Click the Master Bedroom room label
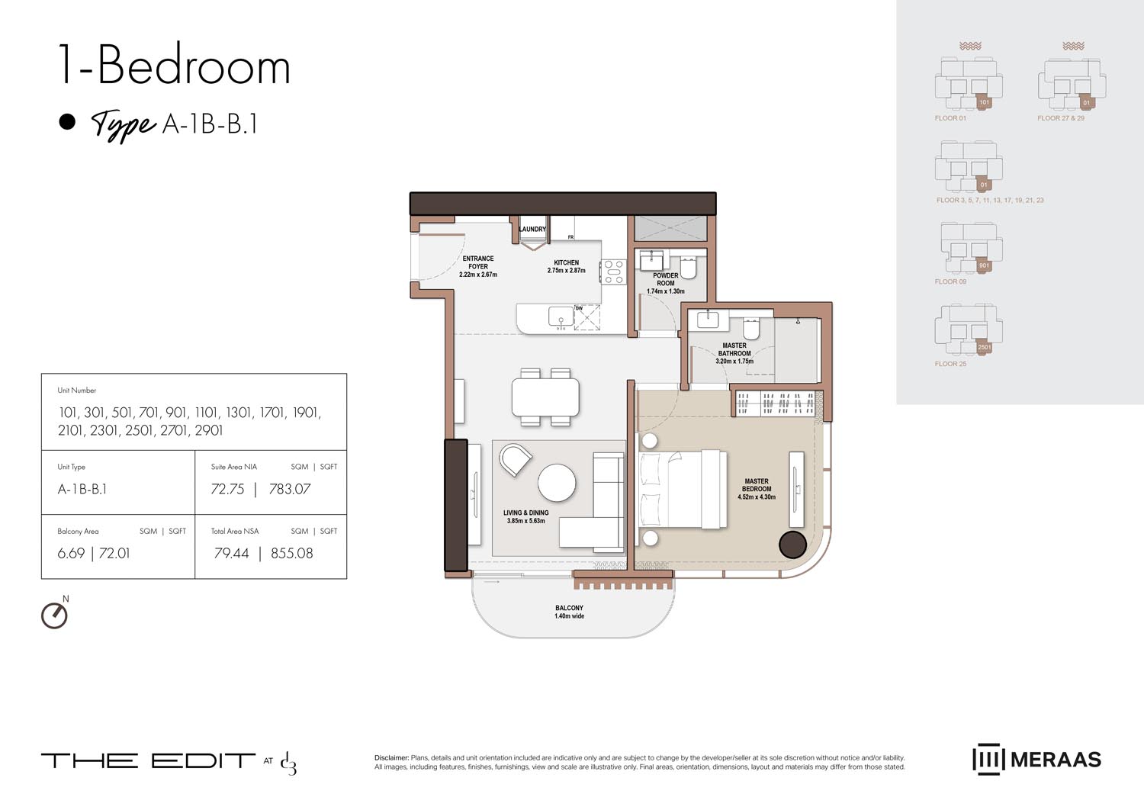(x=756, y=485)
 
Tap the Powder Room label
(x=665, y=279)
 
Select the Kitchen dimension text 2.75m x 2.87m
(x=566, y=271)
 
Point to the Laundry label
(x=532, y=229)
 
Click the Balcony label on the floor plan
(x=569, y=608)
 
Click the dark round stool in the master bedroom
(x=792, y=545)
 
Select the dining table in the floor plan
(x=545, y=397)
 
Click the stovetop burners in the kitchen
(x=612, y=272)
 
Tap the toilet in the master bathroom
(x=751, y=329)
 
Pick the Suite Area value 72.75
(x=227, y=490)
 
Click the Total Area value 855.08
(x=291, y=554)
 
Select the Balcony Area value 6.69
(x=71, y=554)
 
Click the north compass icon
(x=54, y=615)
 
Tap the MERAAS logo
(x=1036, y=760)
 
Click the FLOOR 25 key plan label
(x=950, y=364)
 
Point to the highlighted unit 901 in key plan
(x=984, y=265)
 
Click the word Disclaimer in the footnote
(x=391, y=757)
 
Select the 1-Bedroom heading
(x=174, y=66)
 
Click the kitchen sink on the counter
(x=561, y=315)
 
